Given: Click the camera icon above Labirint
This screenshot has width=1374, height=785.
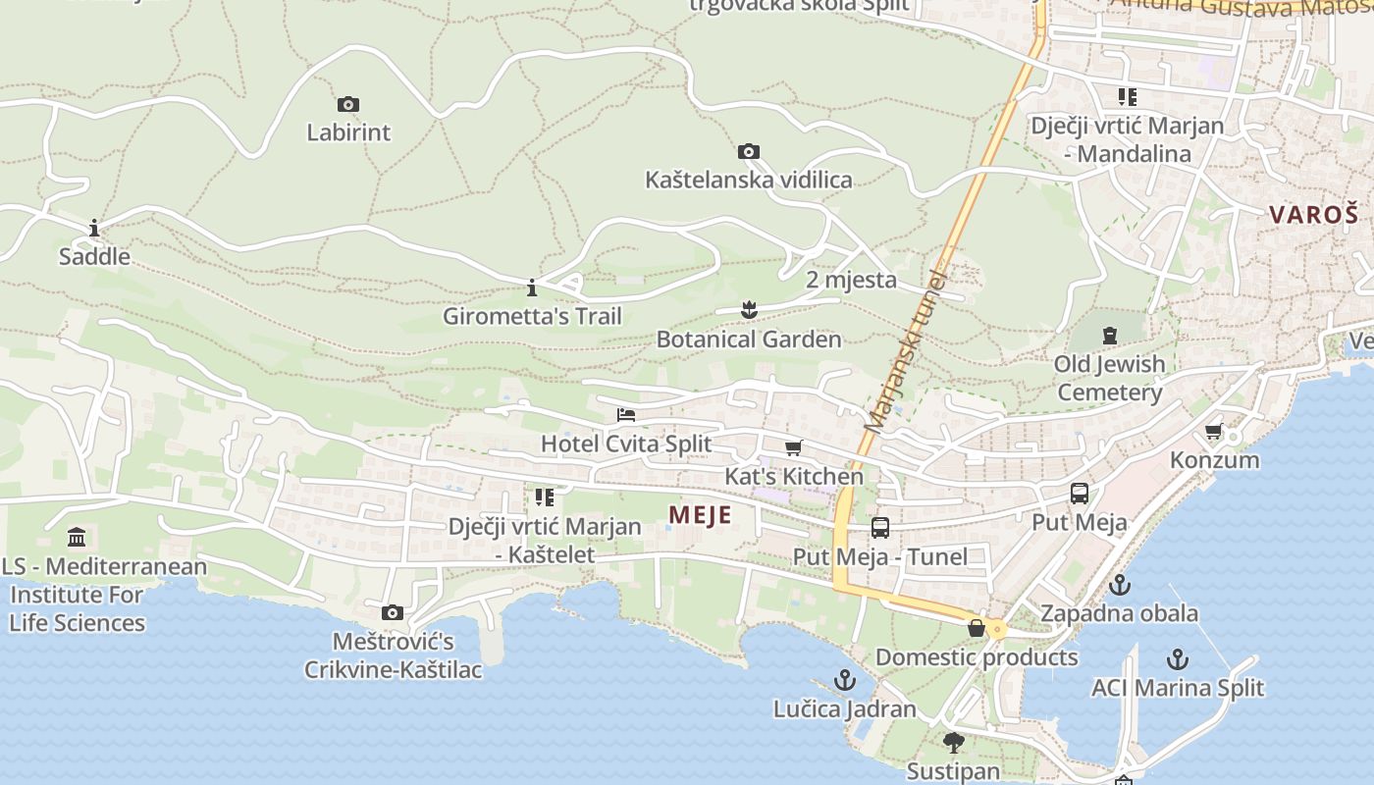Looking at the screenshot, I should tap(347, 104).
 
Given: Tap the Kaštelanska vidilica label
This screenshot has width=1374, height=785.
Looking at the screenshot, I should tap(748, 180).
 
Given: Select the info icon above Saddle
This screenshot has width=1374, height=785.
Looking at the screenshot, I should tap(94, 229).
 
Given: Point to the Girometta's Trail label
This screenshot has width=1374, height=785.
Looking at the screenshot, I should tap(532, 316).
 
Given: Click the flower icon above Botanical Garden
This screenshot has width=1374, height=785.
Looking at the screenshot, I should tap(749, 310).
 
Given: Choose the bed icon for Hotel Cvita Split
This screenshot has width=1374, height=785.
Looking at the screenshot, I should tap(626, 415).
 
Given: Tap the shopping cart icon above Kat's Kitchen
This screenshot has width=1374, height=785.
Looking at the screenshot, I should tap(793, 448).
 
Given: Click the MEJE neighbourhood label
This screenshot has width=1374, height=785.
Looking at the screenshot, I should tap(700, 515).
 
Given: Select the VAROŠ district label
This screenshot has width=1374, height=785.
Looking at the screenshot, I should tap(1314, 214).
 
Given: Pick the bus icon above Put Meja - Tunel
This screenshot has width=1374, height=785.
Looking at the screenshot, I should tap(879, 528).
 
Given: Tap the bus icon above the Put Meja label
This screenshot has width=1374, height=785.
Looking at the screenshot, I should tap(1079, 494).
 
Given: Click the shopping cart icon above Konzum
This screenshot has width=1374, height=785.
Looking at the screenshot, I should tap(1214, 432).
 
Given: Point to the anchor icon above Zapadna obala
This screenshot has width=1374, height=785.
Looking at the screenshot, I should tap(1119, 586).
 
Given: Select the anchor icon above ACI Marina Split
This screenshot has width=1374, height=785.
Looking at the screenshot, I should tap(1177, 659).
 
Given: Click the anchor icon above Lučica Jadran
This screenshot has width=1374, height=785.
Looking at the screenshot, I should tap(844, 680).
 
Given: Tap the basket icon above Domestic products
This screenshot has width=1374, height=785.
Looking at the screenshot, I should tap(976, 628).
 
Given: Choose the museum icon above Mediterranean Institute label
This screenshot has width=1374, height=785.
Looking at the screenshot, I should tap(77, 537).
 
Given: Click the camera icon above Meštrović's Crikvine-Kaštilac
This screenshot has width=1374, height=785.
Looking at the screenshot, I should tap(393, 613).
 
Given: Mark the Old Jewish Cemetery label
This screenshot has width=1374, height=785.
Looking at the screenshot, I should tap(1109, 378).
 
